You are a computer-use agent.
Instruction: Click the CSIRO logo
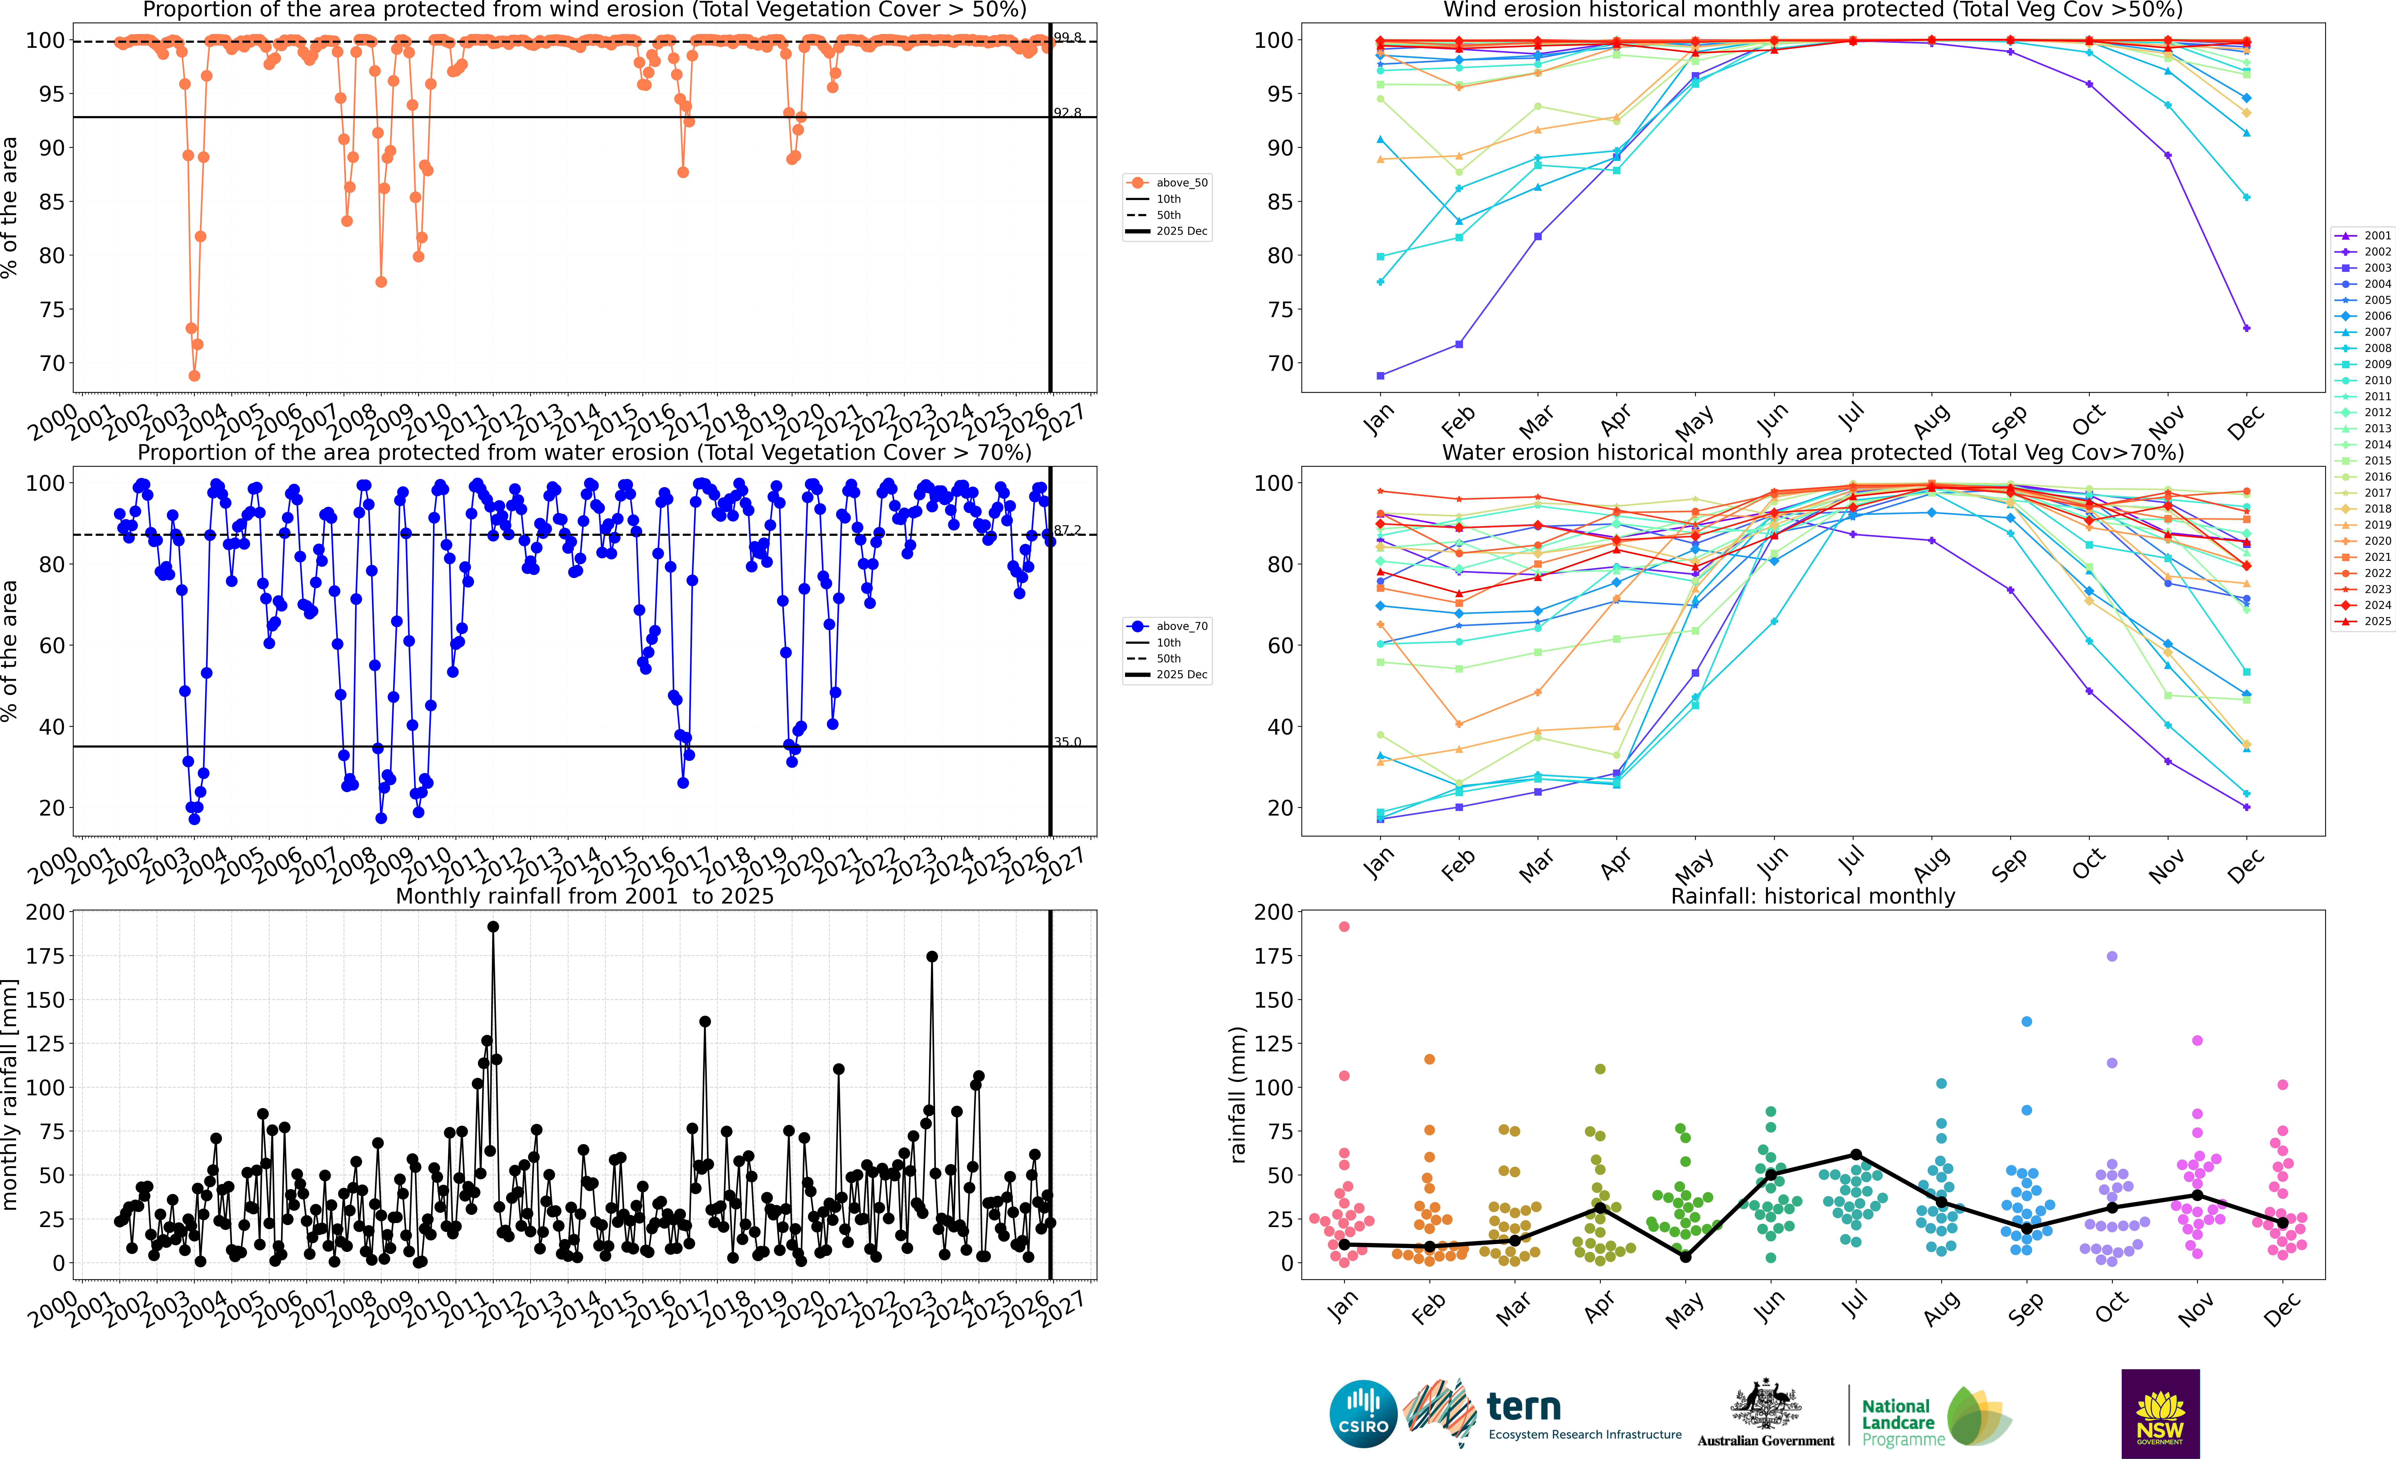pos(1363,1413)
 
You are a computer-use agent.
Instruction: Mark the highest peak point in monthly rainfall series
pos(493,927)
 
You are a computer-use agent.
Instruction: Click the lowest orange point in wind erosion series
pos(195,375)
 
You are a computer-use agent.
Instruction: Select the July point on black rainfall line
pos(1855,1155)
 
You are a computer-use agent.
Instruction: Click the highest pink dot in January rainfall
pos(1344,927)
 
